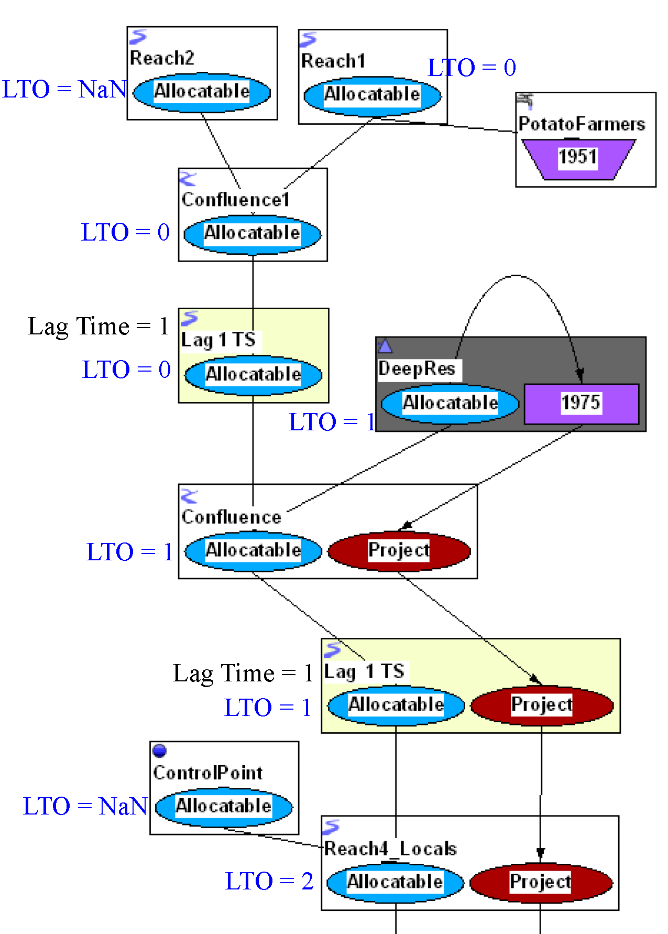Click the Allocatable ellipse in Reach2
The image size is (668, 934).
click(x=202, y=92)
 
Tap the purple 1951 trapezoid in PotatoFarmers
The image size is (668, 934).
click(x=578, y=158)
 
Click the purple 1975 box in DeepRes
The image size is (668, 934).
click(x=581, y=404)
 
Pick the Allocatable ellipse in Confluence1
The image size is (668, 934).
click(x=252, y=234)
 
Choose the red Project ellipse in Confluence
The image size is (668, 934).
click(x=399, y=551)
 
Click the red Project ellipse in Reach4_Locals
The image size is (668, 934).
click(x=541, y=883)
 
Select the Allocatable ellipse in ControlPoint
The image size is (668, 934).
click(x=224, y=807)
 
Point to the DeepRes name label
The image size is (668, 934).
click(x=417, y=369)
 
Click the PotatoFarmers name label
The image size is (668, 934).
click(x=582, y=124)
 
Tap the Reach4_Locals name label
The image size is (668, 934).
click(x=390, y=849)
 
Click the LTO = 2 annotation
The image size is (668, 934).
click(x=269, y=882)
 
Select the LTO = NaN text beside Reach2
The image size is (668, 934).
click(x=64, y=90)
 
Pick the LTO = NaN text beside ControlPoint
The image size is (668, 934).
click(x=85, y=807)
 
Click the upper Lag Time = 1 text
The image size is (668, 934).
click(x=98, y=327)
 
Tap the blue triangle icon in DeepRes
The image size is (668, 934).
click(x=385, y=346)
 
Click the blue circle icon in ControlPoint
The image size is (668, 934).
click(x=160, y=751)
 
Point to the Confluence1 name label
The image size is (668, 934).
click(x=236, y=200)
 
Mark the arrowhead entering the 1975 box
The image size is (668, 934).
click(x=579, y=375)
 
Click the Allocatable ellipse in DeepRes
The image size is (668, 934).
click(x=450, y=404)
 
